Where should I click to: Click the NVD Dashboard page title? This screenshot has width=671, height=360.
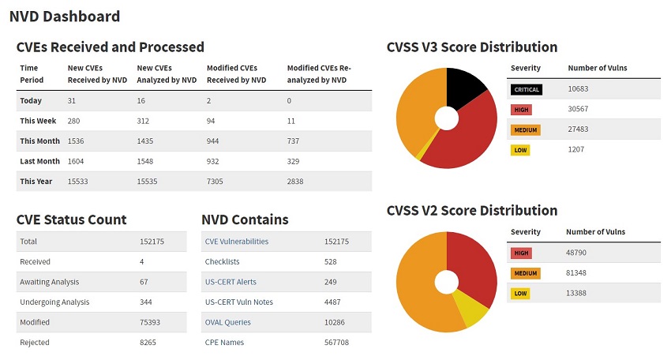click(65, 16)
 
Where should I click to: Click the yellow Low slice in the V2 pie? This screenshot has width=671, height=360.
click(471, 310)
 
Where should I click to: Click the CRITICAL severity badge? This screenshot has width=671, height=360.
click(527, 90)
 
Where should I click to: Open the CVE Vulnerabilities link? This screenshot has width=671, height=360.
click(236, 242)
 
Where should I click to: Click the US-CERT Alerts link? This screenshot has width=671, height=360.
click(231, 282)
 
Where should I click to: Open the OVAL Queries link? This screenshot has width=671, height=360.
click(227, 322)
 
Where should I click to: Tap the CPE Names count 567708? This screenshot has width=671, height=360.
click(336, 343)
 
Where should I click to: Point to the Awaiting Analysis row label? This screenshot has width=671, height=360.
click(49, 282)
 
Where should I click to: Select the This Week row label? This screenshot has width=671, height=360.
click(36, 121)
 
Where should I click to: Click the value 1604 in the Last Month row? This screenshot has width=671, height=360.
click(77, 161)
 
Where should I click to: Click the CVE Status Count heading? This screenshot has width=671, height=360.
click(71, 219)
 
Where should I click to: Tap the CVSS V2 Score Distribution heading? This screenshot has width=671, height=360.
click(472, 211)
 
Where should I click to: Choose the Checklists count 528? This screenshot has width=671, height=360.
click(331, 261)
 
